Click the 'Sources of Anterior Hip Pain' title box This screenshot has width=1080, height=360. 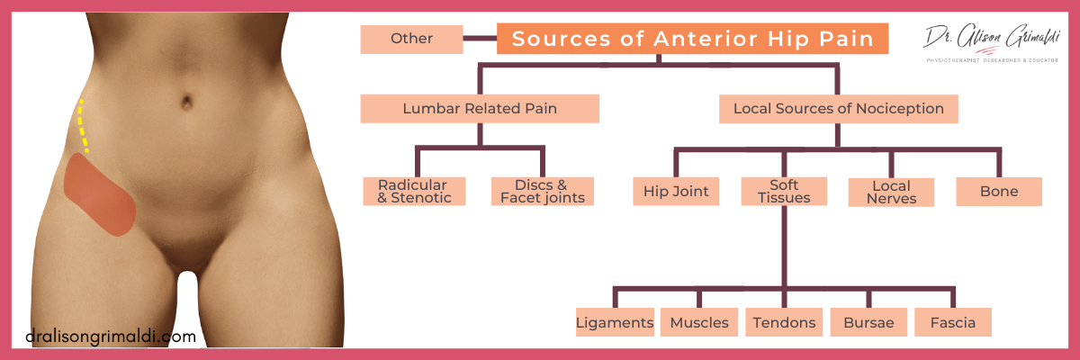pos(692,39)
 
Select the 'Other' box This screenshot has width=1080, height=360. pos(411,39)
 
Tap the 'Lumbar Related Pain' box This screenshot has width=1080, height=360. pos(480,109)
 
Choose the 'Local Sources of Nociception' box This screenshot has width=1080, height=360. pos(838,109)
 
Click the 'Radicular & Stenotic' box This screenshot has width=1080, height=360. pos(414,192)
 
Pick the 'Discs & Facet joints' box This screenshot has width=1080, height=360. pos(543,192)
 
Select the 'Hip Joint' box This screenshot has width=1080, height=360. pos(676,192)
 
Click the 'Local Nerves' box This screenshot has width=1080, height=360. pos(891,192)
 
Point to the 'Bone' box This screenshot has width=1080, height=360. pos(999,192)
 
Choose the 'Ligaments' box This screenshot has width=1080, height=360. pos(615,322)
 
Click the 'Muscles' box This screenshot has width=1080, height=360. pos(699,322)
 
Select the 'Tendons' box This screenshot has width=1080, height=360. pos(784,322)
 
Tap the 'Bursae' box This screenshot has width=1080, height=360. pos(868,322)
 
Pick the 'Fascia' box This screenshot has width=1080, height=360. pos(952,322)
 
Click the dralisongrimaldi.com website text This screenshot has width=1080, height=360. pos(111,337)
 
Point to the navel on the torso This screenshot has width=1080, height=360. pos(186,96)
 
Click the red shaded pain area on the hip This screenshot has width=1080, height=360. pos(101,193)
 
